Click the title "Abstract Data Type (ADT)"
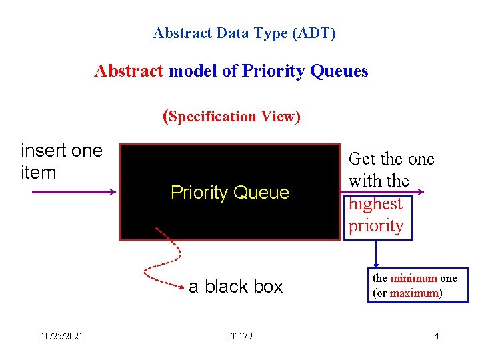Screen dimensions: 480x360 (x=244, y=33)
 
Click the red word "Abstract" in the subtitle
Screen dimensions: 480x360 (x=129, y=71)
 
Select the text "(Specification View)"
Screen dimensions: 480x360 (x=232, y=116)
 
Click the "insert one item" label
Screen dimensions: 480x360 (x=61, y=161)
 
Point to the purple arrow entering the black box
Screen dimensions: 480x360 (x=73, y=192)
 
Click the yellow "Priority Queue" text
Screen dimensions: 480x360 (x=230, y=193)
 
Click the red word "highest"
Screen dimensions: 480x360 (x=375, y=204)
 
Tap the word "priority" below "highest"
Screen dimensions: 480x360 (x=376, y=226)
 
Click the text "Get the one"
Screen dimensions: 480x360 (x=391, y=159)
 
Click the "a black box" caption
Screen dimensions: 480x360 (x=235, y=287)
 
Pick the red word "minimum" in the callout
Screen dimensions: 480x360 (x=413, y=279)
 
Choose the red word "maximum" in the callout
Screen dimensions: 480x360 (x=413, y=293)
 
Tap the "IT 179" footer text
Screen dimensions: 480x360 (x=239, y=336)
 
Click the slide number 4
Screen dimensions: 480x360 (x=437, y=336)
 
